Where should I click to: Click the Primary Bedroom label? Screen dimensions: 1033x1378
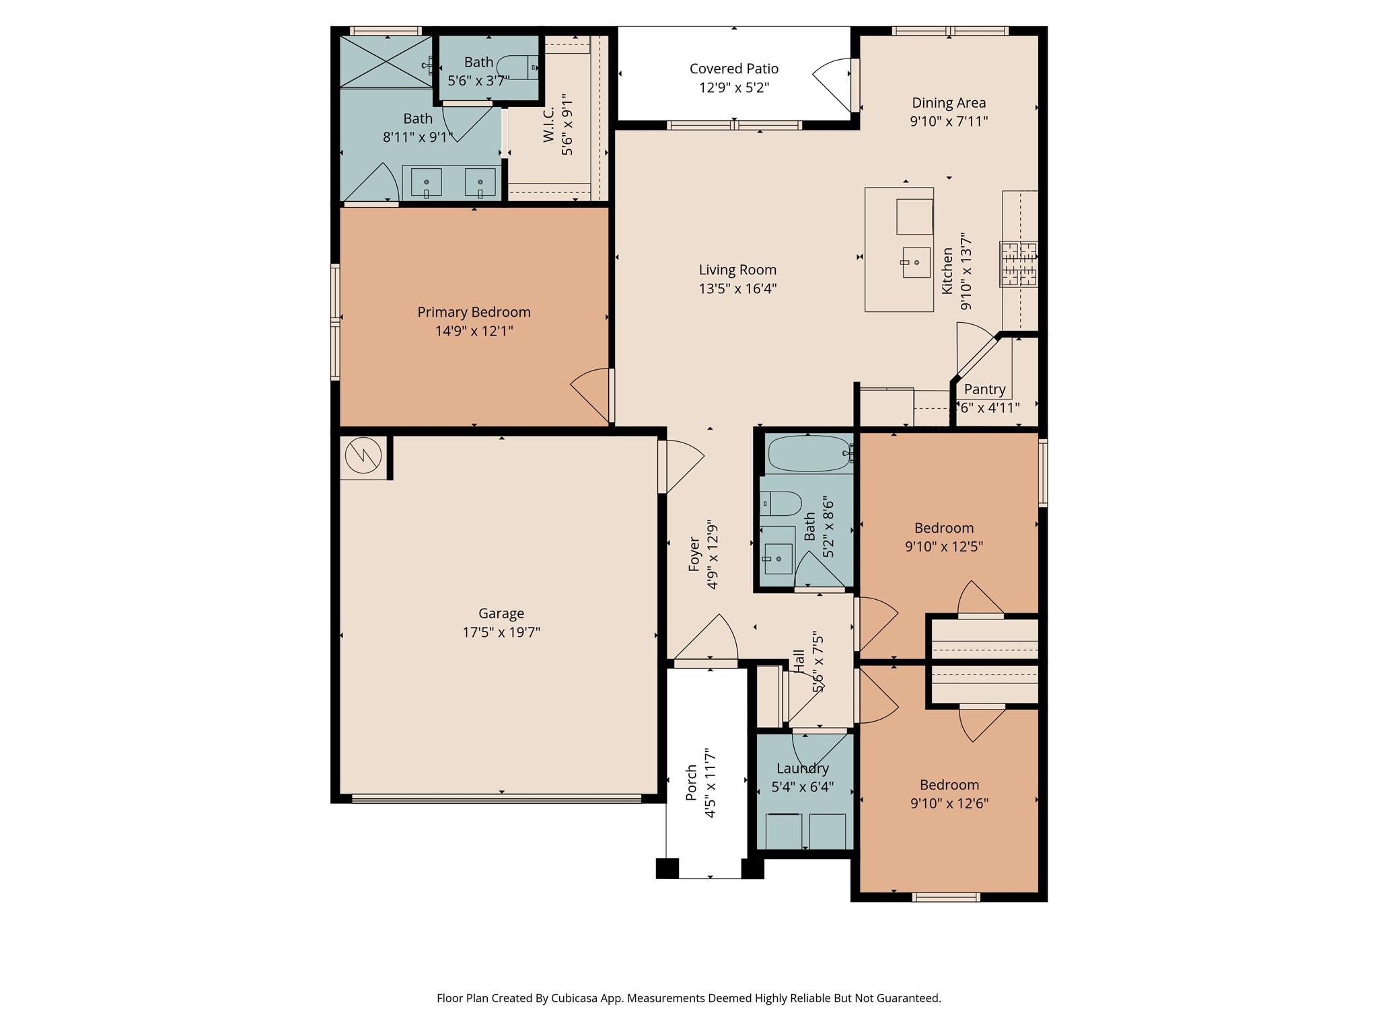[x=474, y=312]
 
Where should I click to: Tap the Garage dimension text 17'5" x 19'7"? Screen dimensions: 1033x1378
[x=501, y=632]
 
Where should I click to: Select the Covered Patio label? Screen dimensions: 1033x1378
[x=733, y=69]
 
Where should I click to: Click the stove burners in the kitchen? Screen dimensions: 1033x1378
[x=1018, y=264]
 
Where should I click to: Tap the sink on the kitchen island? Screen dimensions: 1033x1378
[x=916, y=262]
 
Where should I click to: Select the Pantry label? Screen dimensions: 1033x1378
[x=984, y=389]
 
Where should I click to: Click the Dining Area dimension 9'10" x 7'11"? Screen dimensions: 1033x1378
[x=949, y=122]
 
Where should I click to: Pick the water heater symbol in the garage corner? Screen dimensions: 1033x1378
[x=363, y=457]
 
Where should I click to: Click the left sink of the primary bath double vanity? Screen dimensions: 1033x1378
[x=426, y=183]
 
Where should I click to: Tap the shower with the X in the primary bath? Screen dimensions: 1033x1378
[x=385, y=61]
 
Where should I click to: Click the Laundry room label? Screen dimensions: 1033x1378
[x=802, y=769]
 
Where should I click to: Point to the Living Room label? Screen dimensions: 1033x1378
[x=737, y=270]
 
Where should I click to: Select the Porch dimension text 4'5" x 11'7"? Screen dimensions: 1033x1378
[x=710, y=783]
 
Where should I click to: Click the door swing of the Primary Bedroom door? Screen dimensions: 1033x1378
[x=589, y=397]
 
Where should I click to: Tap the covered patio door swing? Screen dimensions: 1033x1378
[x=833, y=84]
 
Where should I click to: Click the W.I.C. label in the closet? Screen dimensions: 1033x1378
[x=548, y=124]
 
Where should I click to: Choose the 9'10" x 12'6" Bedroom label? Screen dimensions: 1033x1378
[x=949, y=785]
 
